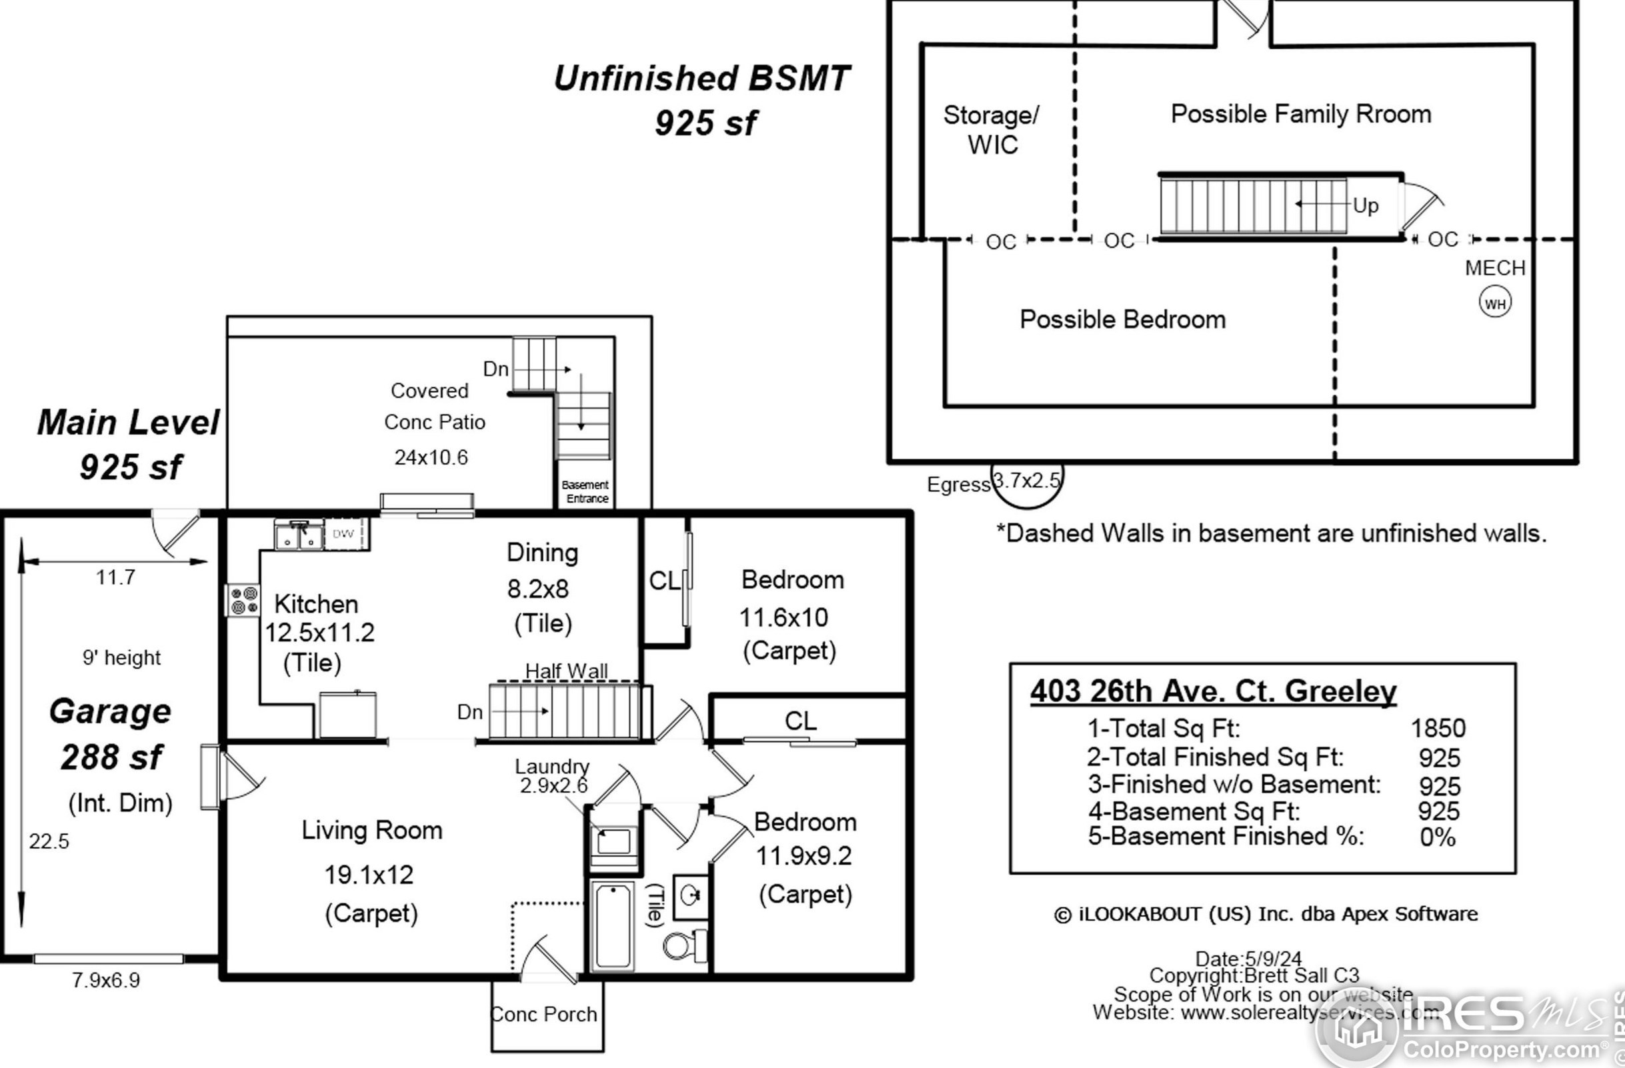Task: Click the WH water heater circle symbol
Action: [x=1494, y=302]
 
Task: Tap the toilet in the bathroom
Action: [x=685, y=945]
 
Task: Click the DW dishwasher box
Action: [x=343, y=533]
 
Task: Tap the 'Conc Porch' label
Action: [x=544, y=1014]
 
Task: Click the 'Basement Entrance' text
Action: [x=585, y=491]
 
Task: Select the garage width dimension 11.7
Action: [x=115, y=577]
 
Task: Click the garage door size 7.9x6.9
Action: [x=106, y=980]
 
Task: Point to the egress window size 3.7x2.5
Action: [x=1026, y=481]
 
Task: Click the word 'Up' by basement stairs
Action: [x=1366, y=205]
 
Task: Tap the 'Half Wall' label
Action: [x=566, y=671]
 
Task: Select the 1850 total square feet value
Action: [x=1438, y=728]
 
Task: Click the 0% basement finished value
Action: [x=1437, y=837]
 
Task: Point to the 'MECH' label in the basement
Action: [x=1494, y=267]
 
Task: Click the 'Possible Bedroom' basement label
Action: [x=1122, y=319]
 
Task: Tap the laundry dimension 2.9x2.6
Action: [x=553, y=785]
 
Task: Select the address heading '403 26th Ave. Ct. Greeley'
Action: [x=1214, y=691]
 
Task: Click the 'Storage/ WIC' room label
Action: [x=992, y=129]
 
